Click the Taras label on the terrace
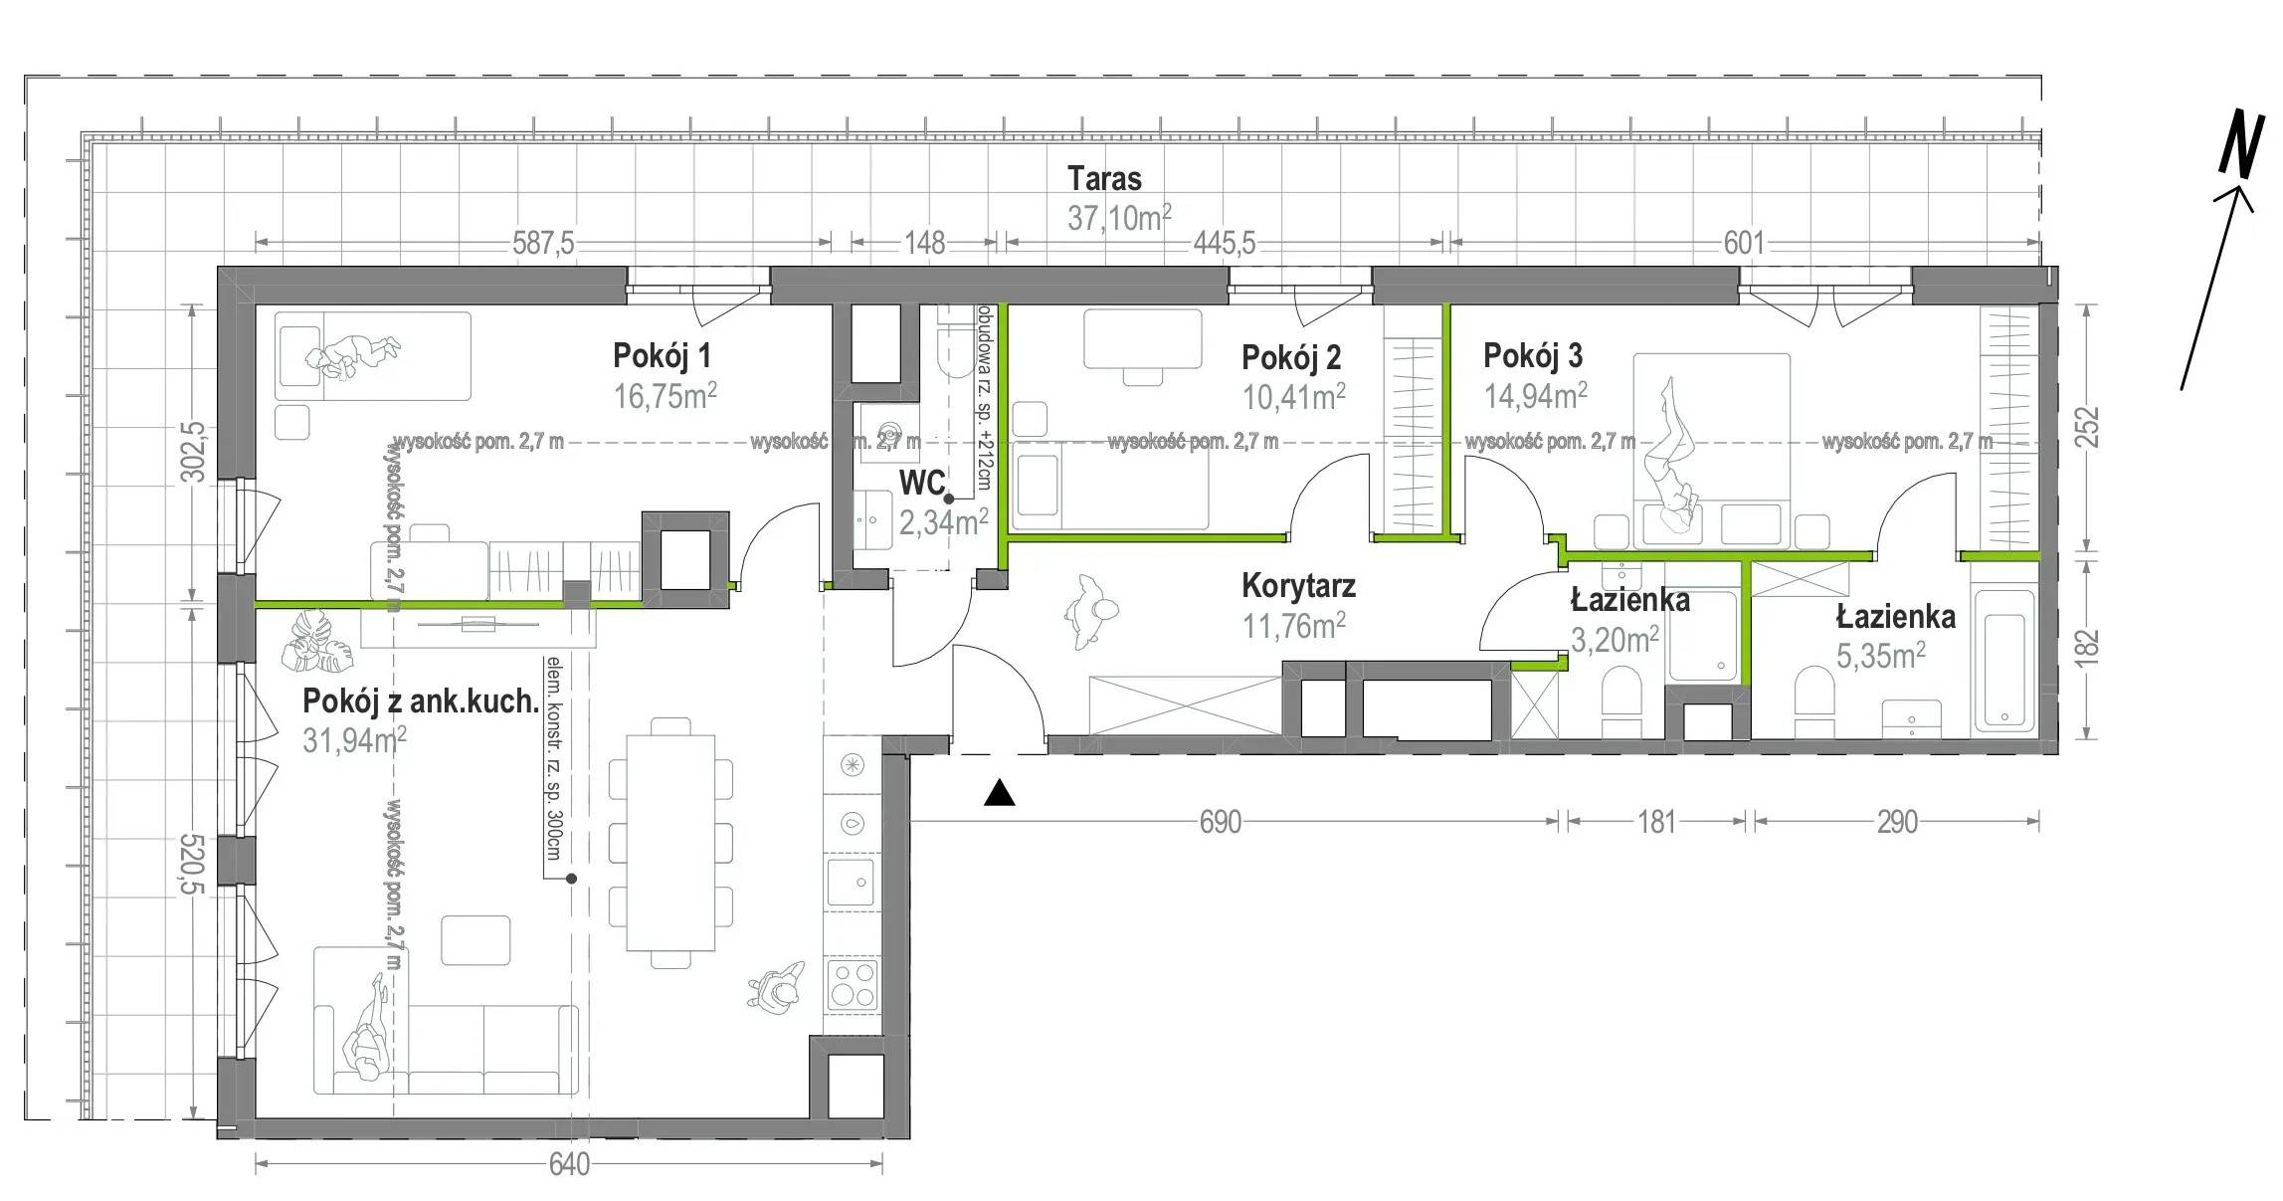pos(1104,179)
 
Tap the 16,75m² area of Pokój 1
pos(666,396)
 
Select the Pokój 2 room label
pos(1291,356)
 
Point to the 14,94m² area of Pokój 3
pos(1536,396)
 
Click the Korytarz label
pos(1298,586)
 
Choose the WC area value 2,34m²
pos(943,521)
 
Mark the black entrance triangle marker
pos(1000,793)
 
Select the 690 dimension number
pos(1221,822)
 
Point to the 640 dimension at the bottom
pos(569,1164)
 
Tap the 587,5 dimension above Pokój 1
pos(543,243)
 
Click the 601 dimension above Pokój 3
pos(1743,243)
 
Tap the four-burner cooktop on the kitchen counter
pos(853,986)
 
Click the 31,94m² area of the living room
pos(354,741)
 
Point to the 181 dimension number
pos(1656,822)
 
